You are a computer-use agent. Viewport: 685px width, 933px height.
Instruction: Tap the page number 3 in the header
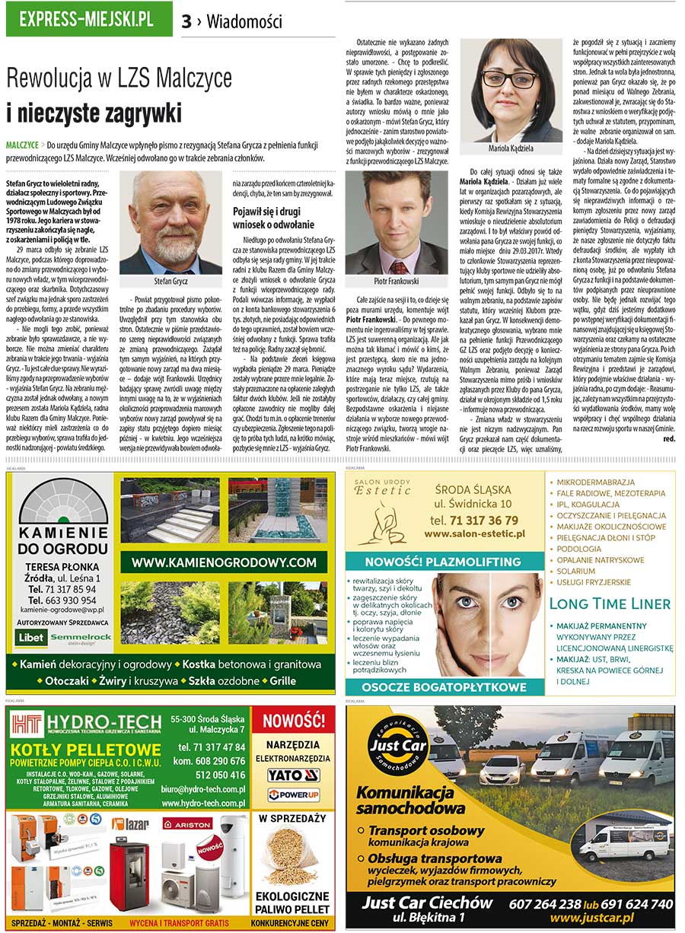pos(186,21)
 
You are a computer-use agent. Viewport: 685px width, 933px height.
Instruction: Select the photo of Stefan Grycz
pos(170,222)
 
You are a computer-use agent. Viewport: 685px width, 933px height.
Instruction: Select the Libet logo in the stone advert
pos(32,636)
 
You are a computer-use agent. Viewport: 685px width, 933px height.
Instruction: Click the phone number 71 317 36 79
pos(473,521)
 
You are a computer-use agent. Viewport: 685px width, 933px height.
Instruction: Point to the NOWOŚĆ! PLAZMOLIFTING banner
pos(444,563)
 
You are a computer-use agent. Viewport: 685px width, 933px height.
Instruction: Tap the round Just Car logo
pos(392,745)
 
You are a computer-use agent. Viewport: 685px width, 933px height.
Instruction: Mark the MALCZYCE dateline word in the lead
pos(22,144)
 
